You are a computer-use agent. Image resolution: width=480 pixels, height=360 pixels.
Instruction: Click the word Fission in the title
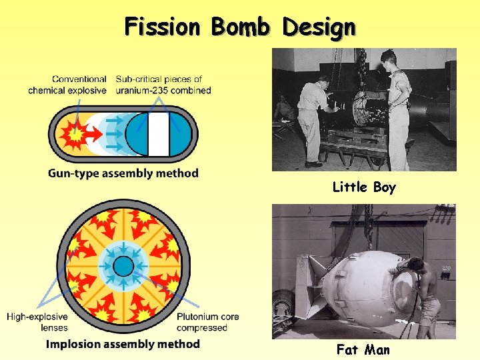coord(162,27)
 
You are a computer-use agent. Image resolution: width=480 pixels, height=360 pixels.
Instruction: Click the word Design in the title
coord(318,27)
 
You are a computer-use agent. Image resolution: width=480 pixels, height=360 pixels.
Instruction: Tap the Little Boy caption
coord(364,187)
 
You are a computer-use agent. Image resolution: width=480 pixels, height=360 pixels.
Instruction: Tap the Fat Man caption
coord(363,349)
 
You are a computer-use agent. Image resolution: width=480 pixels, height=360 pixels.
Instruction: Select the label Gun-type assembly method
coord(123,173)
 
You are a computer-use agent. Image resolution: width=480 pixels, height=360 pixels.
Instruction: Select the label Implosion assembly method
coord(123,344)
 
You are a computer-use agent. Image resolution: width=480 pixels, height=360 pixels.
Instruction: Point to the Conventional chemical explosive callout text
coord(67,85)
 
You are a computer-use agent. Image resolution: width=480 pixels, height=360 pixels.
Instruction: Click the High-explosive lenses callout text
coord(36,322)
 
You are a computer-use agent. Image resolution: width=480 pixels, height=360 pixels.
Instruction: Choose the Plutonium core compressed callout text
coord(208,322)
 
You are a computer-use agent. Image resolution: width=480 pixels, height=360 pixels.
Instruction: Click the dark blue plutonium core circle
coord(123,267)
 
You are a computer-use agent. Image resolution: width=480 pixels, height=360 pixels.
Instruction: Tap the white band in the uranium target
coord(158,134)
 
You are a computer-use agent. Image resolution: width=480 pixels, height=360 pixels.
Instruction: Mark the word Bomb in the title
coord(239,27)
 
